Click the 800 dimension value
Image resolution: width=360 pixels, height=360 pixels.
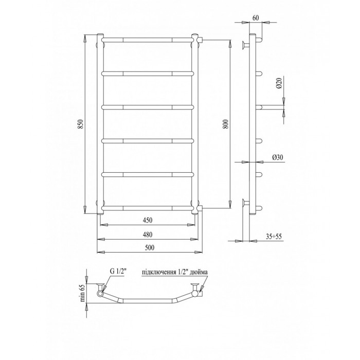point(227,124)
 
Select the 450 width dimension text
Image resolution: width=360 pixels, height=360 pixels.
point(148,220)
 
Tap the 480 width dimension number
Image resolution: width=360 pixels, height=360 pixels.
point(148,235)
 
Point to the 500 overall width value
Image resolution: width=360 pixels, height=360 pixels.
point(150,247)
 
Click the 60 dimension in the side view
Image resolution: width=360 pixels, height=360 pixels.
point(256,18)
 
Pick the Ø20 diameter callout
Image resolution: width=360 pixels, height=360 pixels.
point(279,83)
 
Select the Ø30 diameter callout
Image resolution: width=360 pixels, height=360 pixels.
point(278,157)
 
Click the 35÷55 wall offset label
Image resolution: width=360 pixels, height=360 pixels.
point(274,237)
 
